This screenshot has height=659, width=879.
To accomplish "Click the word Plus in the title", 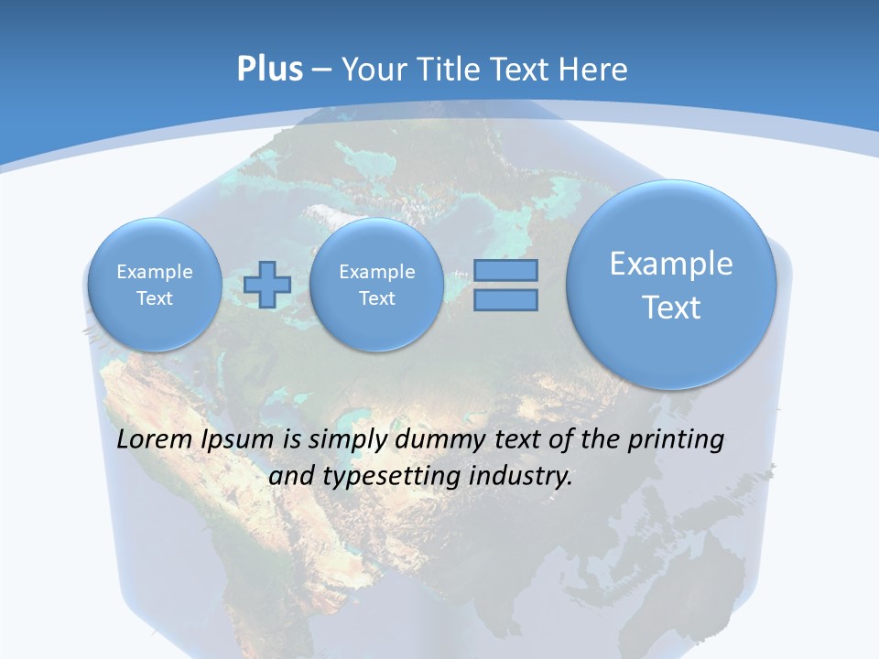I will [269, 69].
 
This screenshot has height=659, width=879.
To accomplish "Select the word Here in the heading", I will [595, 70].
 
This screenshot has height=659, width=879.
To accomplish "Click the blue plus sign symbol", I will [266, 284].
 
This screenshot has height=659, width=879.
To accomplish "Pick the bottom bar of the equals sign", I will [505, 299].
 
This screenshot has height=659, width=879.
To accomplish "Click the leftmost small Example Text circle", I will [154, 285].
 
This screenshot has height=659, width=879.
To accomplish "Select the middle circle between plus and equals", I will [376, 285].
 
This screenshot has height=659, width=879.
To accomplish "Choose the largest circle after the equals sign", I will [671, 285].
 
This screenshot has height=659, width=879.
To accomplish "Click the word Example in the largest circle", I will [671, 264].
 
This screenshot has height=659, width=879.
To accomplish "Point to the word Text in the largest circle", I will [671, 308].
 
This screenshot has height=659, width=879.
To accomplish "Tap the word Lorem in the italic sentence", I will [156, 440].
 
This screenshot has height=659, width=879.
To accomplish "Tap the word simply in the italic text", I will [348, 441].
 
